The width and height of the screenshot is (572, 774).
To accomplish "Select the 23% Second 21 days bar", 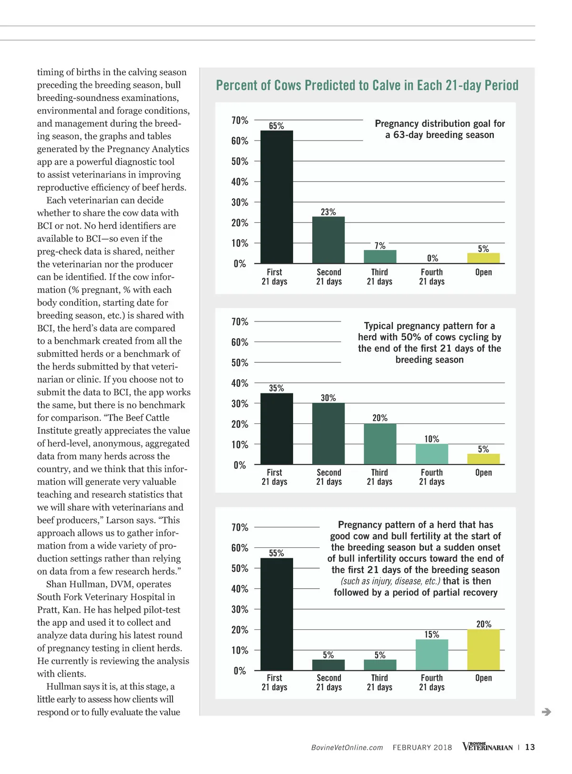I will [328, 240].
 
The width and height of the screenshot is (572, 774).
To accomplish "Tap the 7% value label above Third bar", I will [380, 246].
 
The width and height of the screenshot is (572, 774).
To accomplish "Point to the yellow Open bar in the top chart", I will [483, 258].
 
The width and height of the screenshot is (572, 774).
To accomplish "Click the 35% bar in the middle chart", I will [276, 429].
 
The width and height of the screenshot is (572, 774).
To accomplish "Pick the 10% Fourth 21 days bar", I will [432, 454].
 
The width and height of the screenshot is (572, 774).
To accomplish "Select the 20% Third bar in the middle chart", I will [380, 444].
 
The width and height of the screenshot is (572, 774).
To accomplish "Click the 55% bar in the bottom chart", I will [276, 614].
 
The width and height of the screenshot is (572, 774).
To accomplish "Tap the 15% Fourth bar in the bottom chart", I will [432, 655].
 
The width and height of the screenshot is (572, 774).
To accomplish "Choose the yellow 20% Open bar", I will [483, 650].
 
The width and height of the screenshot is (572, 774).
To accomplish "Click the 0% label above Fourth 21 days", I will [432, 258].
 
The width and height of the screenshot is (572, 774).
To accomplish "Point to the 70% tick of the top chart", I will [240, 121].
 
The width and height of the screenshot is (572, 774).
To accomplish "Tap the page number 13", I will [530, 747].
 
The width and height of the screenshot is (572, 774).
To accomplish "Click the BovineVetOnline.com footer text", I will [347, 747].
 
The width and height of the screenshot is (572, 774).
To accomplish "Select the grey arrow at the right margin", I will [547, 712].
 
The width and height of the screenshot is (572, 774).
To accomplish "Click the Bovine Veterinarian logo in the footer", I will [487, 746].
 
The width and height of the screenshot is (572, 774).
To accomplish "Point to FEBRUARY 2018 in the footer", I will [422, 747].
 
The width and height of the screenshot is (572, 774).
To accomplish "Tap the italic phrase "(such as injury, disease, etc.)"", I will [390, 581].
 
